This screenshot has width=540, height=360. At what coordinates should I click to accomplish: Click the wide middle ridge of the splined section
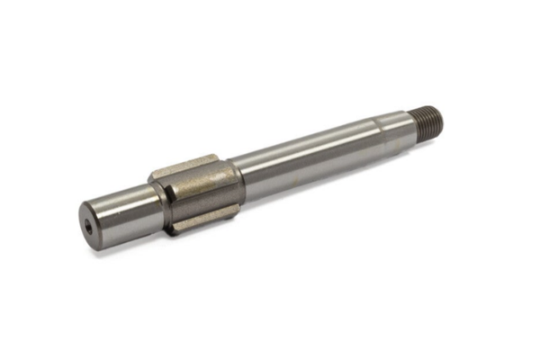196,192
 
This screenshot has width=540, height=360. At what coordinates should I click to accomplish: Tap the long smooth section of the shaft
306,161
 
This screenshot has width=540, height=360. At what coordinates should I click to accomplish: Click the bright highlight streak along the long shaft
306,153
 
